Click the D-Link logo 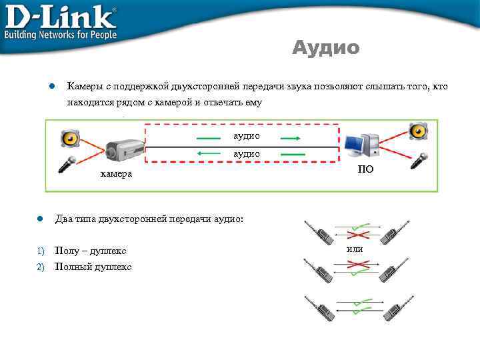coord(61,17)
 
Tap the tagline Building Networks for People coord(61,35)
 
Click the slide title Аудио coord(326,48)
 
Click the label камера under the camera coord(116,174)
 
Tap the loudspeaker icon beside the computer coord(418,133)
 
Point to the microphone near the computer coord(418,159)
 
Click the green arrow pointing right coord(289,139)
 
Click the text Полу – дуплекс coord(91,251)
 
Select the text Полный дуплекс coord(93,267)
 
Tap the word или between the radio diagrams coord(355,249)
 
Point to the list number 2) coord(40,267)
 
